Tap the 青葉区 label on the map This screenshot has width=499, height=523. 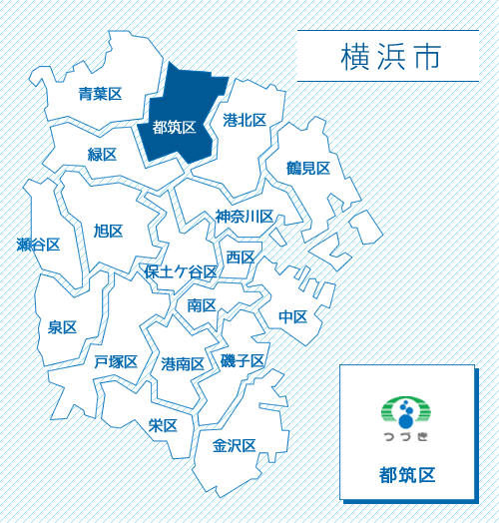(x=100, y=95)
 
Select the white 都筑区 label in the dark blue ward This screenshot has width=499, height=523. (x=174, y=128)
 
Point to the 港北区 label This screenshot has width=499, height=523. (x=245, y=121)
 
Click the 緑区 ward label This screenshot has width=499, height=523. (x=102, y=155)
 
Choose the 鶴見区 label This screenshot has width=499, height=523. (x=307, y=168)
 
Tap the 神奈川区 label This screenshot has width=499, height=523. (x=245, y=217)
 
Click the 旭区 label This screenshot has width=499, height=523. (x=108, y=232)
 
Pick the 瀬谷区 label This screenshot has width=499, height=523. (x=39, y=245)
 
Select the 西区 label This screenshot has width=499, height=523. (x=240, y=258)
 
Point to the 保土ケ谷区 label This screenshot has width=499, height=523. (x=181, y=272)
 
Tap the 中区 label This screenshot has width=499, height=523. (x=292, y=316)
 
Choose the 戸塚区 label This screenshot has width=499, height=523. (x=116, y=361)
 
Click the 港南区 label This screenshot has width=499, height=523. (x=183, y=364)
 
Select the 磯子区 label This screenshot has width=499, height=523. (x=243, y=360)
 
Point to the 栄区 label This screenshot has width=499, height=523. (x=163, y=425)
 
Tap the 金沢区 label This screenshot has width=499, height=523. (x=235, y=445)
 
